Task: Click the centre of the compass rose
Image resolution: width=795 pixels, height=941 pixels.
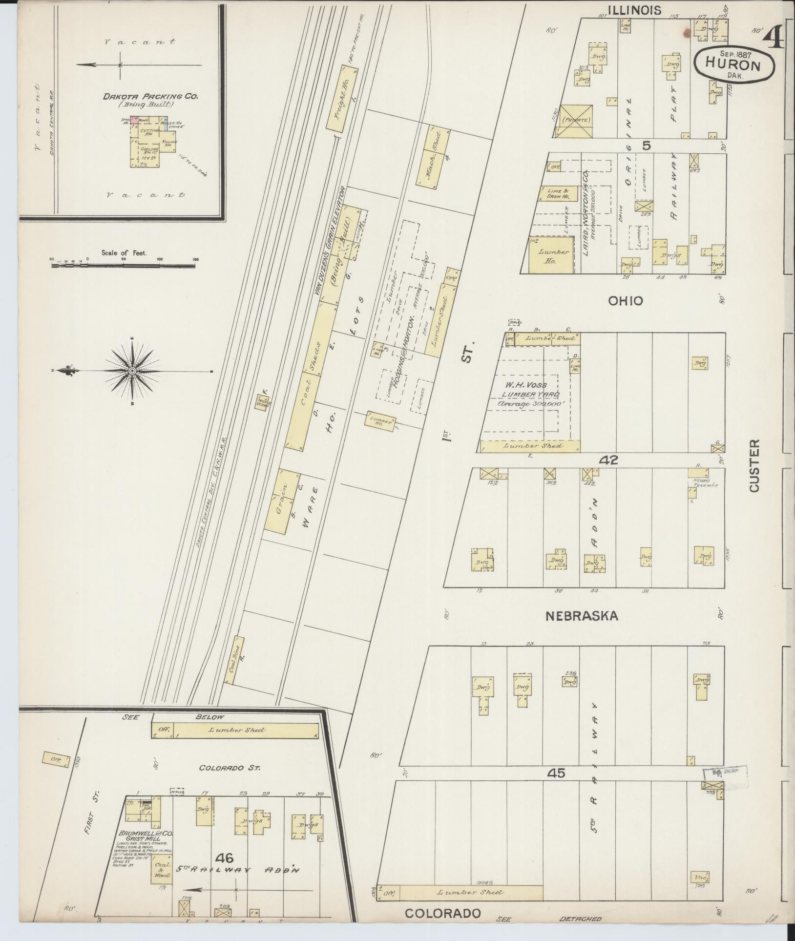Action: [x=132, y=371]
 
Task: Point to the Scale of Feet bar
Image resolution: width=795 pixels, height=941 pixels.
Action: [x=124, y=265]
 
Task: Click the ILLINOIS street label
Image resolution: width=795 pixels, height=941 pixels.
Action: [x=634, y=10]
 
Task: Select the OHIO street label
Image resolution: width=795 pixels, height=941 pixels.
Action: [x=625, y=301]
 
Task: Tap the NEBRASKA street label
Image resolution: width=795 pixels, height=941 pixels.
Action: [x=581, y=616]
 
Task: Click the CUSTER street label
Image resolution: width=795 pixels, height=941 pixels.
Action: [x=754, y=465]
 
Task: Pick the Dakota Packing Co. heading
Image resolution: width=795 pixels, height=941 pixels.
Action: [x=143, y=97]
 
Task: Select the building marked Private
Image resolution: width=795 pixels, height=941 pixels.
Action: [x=576, y=120]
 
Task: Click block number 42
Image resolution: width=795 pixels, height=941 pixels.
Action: [x=610, y=460]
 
